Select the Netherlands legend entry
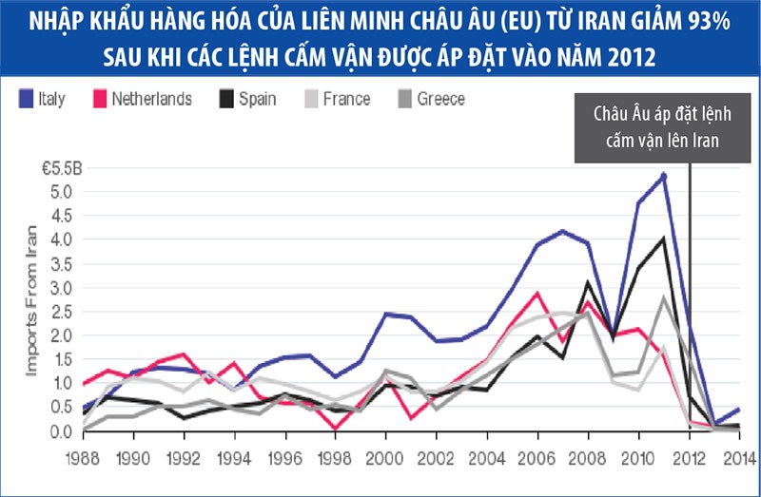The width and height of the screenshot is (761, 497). tap(151, 99)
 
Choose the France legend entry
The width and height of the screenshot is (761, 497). tap(346, 99)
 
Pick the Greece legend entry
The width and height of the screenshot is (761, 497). tap(440, 99)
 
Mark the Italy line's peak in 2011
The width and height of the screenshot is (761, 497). tap(664, 175)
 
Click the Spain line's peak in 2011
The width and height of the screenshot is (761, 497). tap(664, 238)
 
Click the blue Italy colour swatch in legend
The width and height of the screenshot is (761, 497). tap(26, 99)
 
